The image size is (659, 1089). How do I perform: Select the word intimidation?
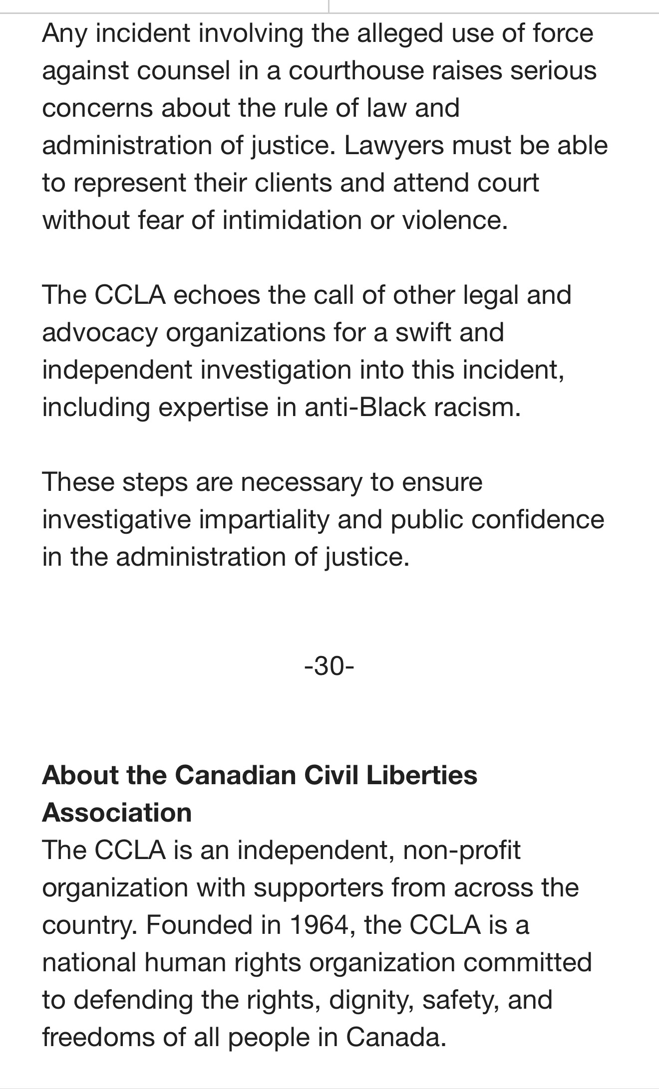pos(292,220)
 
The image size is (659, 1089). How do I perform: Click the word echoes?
pos(216,295)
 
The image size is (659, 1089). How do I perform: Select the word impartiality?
pos(264,520)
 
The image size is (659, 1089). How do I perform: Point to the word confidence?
pos(538,520)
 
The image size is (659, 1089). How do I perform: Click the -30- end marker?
pos(329,665)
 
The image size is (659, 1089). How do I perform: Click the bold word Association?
pos(117,813)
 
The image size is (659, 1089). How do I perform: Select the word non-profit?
pos(461,850)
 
